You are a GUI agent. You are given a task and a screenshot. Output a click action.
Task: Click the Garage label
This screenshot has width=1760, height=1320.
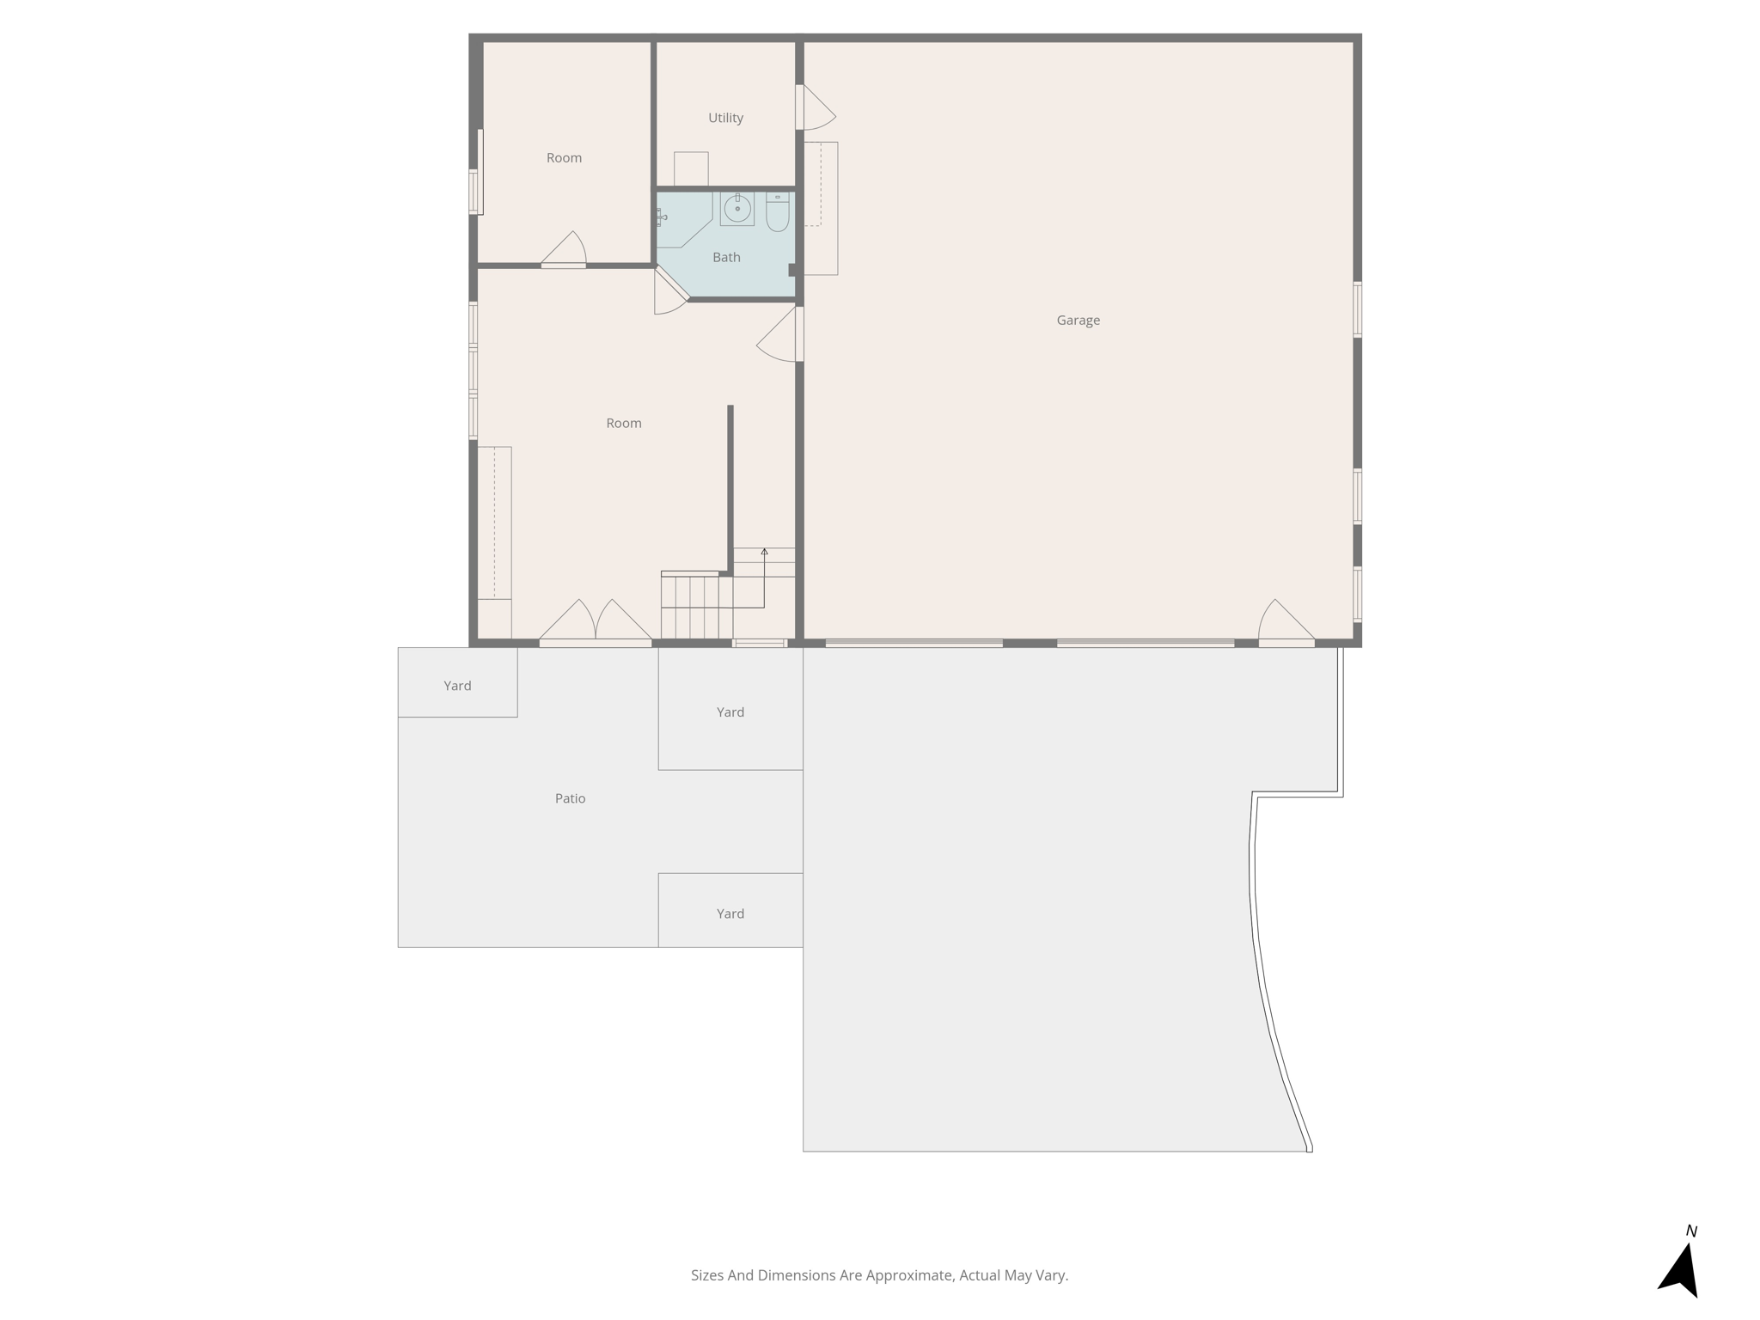coord(1078,321)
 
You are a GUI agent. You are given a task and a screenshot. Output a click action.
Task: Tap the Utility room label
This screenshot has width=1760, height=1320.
coord(725,118)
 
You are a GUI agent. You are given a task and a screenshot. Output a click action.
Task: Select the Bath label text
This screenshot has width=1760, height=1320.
coord(726,257)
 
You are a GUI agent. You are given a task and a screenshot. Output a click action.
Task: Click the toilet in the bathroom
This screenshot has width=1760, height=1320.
coord(777,213)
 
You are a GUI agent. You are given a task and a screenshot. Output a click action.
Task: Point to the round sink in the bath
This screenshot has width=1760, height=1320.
coord(737,209)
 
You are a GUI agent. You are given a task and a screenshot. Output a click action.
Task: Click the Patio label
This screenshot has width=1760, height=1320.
coord(570,798)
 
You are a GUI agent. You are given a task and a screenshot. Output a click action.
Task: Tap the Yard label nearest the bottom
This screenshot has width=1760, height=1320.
coord(730,914)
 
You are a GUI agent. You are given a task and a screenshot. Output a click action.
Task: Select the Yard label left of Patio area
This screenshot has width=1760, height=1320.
coord(457,686)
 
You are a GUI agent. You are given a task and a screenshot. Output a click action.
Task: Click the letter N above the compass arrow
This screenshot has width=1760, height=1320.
coord(1691,1231)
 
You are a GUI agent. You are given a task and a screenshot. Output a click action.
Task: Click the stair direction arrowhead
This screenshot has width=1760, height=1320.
coord(764,552)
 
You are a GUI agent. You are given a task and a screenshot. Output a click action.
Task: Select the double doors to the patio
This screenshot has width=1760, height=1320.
coord(595,622)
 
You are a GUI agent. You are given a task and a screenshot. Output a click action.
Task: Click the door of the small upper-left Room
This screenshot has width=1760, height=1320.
coord(564,251)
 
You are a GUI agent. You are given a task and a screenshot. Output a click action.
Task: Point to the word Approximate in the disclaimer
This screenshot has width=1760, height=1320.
coord(908,1275)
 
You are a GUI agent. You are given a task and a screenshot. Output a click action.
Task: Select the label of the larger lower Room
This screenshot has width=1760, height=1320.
coord(623,423)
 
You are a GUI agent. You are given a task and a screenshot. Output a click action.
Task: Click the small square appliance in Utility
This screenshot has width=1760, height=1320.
coord(691,168)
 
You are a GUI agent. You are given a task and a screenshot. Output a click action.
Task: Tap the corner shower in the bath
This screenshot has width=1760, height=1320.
coord(681,218)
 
